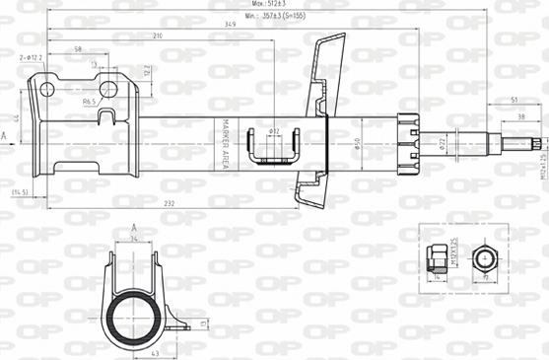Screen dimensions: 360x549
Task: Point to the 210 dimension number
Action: click(157, 36)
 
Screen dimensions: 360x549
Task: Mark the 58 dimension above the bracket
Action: click(77, 49)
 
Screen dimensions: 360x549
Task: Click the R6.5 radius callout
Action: click(87, 102)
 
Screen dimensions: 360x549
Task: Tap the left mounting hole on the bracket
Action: click(45, 90)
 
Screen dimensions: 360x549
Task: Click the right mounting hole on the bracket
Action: click(108, 90)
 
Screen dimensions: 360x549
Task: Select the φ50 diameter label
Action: click(357, 144)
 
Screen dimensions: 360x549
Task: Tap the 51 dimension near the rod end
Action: click(515, 100)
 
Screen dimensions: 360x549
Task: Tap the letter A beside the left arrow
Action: click(4, 134)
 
